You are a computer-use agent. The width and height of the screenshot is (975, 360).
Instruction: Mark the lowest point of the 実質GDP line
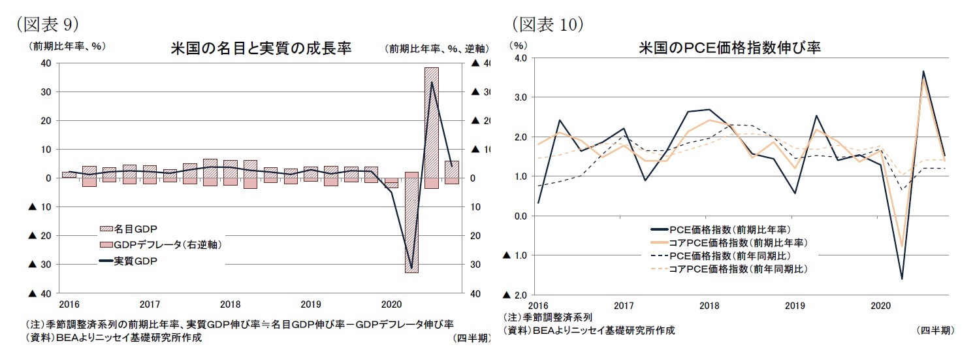click(411, 268)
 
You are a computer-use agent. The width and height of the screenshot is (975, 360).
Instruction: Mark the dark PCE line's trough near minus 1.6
click(902, 279)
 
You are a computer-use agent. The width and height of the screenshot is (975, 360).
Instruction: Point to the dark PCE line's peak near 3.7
click(923, 71)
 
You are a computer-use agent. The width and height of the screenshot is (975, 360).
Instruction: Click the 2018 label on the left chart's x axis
click(230, 304)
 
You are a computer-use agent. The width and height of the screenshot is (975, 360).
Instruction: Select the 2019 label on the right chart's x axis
click(794, 305)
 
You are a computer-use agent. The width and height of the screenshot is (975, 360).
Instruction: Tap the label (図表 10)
click(547, 24)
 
